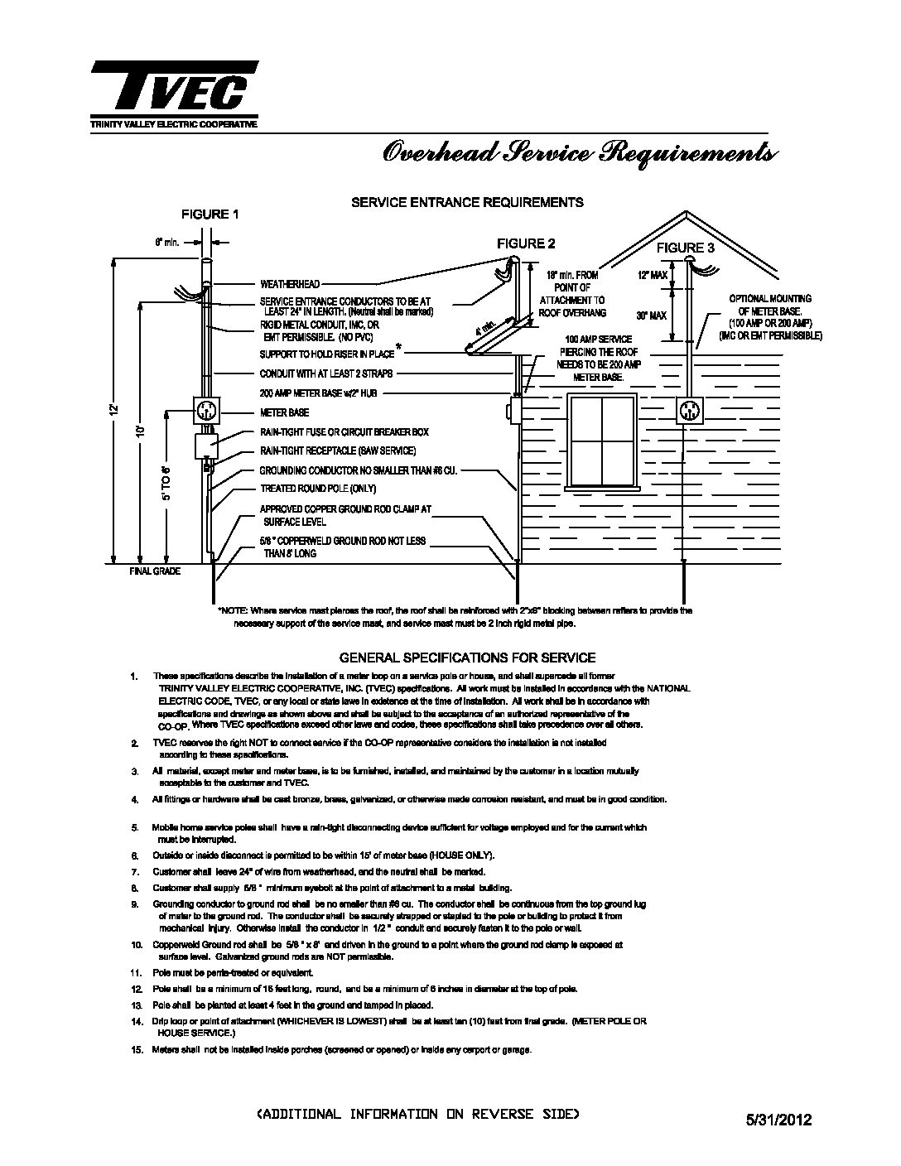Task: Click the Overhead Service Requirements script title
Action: (x=579, y=152)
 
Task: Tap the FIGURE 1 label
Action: (x=210, y=214)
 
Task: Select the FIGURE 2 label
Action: (x=526, y=243)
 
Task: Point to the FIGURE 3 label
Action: (x=686, y=248)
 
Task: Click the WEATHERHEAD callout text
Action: (x=290, y=283)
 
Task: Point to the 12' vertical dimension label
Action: (x=117, y=410)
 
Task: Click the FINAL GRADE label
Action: (x=155, y=571)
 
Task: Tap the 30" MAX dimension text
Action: (x=652, y=316)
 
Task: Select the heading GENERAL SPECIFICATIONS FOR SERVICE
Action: (x=468, y=658)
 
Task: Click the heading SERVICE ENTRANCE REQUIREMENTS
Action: (x=468, y=202)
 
